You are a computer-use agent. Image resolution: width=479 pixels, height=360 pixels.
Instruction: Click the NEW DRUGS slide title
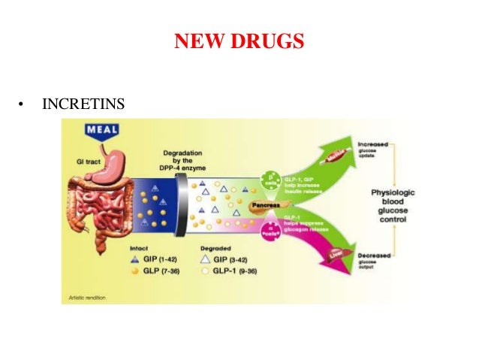coord(239,41)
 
